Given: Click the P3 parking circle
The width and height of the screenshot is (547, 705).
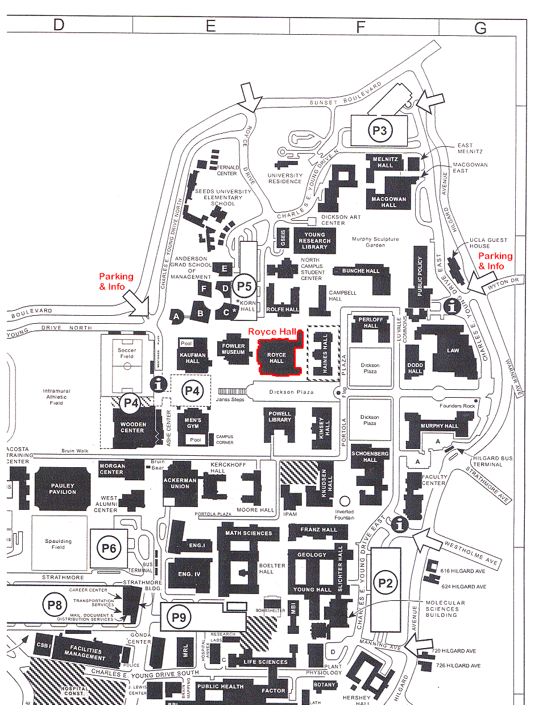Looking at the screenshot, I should pyautogui.click(x=379, y=131).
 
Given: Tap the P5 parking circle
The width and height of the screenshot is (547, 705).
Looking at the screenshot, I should pyautogui.click(x=245, y=287).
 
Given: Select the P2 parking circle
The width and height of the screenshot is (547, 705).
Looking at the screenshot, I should pyautogui.click(x=386, y=583).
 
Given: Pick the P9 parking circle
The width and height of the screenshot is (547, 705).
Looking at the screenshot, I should pyautogui.click(x=179, y=617).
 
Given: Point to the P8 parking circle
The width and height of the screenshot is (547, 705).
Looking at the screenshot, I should pyautogui.click(x=55, y=605).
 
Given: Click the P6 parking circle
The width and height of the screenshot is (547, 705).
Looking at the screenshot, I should pyautogui.click(x=109, y=549).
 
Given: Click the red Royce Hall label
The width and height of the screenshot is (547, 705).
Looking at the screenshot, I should pyautogui.click(x=273, y=331).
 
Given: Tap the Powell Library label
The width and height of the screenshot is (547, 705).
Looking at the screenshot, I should pyautogui.click(x=280, y=417).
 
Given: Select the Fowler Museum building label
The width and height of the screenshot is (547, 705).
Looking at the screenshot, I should pyautogui.click(x=233, y=349).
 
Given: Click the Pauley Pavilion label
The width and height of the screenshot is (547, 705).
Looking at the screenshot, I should pyautogui.click(x=63, y=489).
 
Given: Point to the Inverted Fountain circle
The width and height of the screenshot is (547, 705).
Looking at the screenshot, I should pyautogui.click(x=345, y=501).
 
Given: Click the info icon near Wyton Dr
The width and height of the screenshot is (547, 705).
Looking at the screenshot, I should pyautogui.click(x=452, y=306).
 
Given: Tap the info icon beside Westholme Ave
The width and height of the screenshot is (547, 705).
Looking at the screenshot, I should pyautogui.click(x=400, y=524).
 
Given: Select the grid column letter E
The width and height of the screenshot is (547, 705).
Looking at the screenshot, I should pyautogui.click(x=211, y=26).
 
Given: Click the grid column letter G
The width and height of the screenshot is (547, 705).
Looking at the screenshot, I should pyautogui.click(x=480, y=27).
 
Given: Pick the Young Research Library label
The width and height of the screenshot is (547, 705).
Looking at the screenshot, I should pyautogui.click(x=314, y=241).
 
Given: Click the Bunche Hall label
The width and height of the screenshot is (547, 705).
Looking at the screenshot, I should pyautogui.click(x=360, y=271).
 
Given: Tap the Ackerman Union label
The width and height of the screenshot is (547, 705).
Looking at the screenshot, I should pyautogui.click(x=180, y=483).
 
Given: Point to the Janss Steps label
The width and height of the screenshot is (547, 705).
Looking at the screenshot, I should pyautogui.click(x=230, y=399).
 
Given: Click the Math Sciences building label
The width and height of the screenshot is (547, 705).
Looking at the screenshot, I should pyautogui.click(x=248, y=533).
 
